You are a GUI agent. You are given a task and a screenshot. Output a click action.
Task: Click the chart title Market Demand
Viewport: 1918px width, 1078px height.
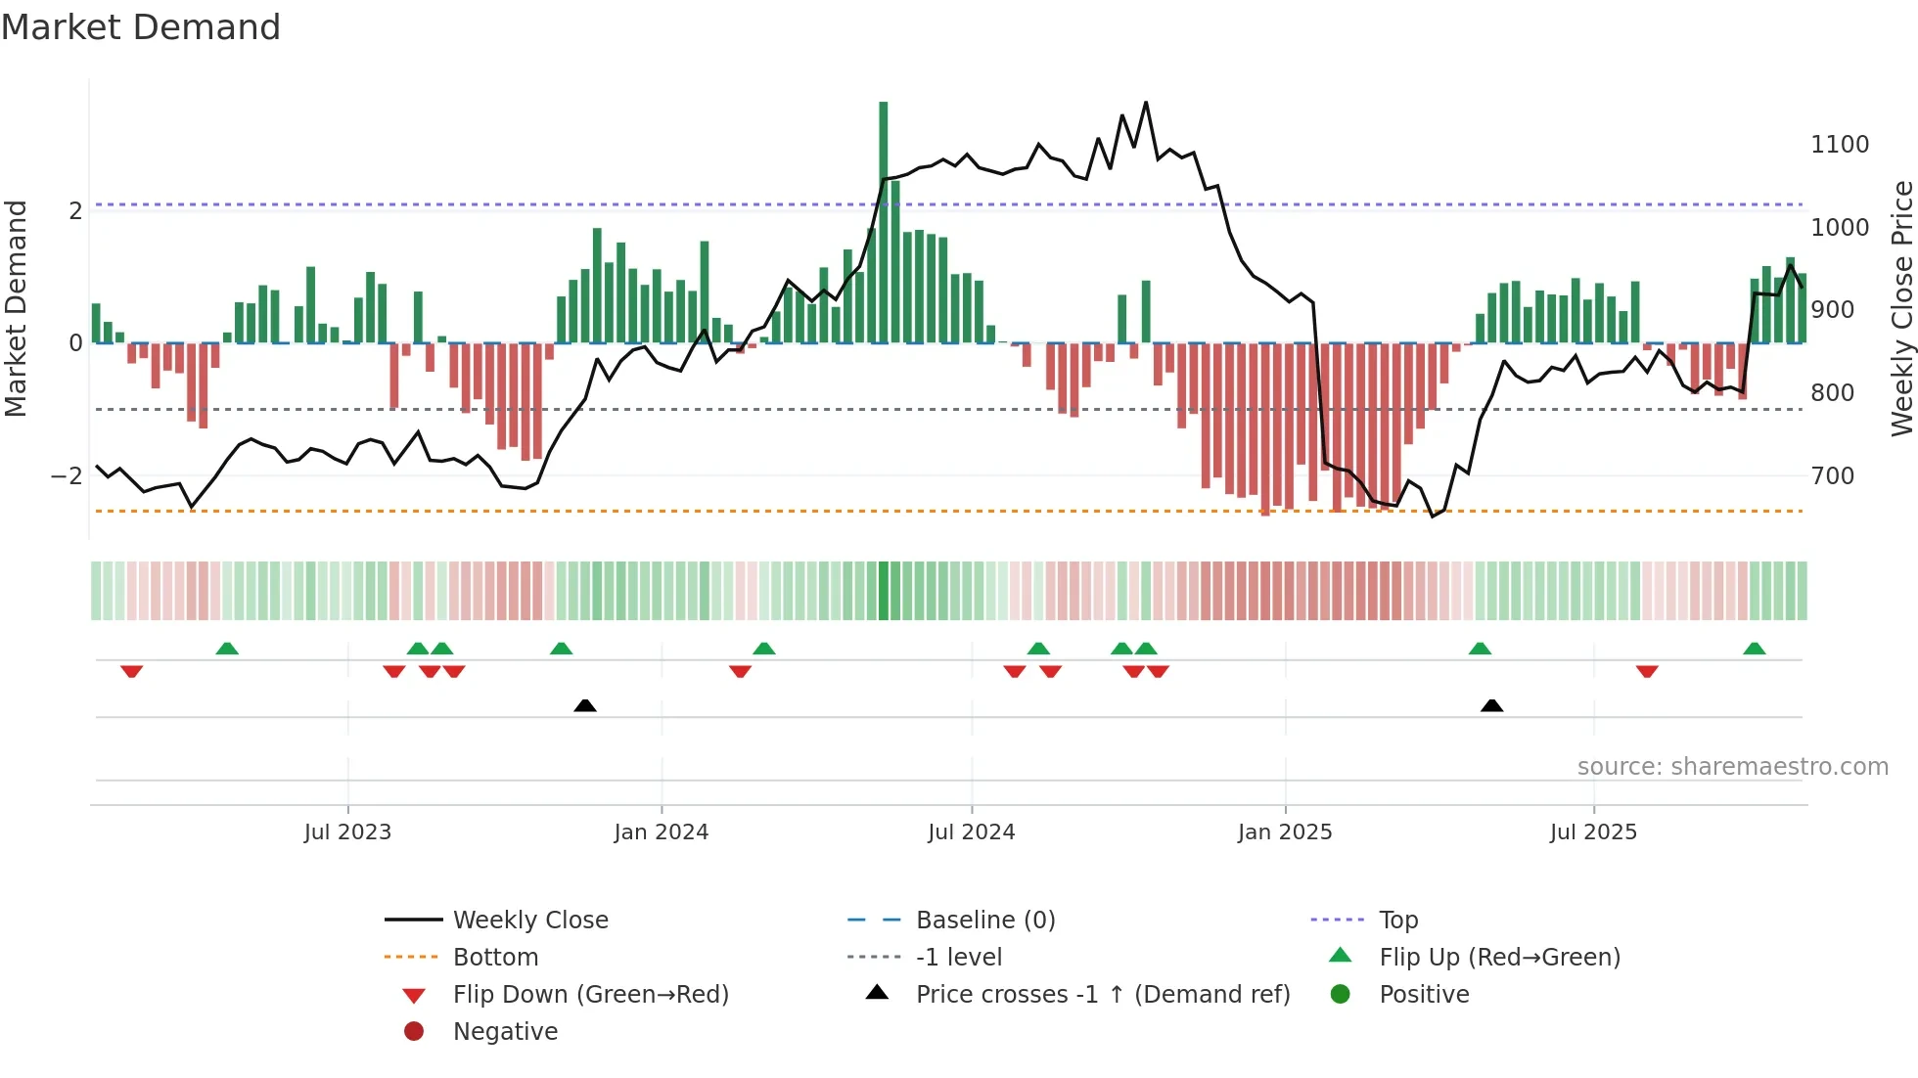coord(141,27)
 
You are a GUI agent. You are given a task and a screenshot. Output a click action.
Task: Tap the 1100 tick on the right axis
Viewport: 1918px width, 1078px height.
coord(1839,145)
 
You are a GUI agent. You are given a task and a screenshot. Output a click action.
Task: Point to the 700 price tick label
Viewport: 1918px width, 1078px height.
coord(1832,476)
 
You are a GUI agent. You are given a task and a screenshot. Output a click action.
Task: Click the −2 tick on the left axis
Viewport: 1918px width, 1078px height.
coord(67,476)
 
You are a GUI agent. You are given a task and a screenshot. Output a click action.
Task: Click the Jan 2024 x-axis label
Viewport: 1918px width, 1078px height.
coord(661,832)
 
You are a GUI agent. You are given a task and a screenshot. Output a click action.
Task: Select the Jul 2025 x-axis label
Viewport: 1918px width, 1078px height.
coord(1592,832)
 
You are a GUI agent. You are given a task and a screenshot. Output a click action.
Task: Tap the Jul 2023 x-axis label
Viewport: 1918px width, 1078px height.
coord(347,832)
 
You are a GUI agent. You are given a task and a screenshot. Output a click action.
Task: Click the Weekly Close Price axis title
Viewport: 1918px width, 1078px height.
coord(1901,308)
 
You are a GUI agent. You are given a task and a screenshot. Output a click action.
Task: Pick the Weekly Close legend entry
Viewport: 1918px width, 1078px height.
coord(529,921)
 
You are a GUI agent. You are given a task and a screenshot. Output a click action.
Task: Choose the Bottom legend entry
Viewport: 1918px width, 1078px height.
coord(495,958)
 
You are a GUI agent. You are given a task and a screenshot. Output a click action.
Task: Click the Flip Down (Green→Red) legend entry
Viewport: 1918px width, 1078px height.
coord(590,995)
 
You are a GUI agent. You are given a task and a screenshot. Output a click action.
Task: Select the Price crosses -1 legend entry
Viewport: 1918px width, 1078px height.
coord(1102,995)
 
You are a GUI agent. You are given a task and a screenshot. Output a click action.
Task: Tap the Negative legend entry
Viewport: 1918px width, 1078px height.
coord(505,1032)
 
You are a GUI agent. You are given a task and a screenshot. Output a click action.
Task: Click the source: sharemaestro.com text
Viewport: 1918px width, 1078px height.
coord(1732,767)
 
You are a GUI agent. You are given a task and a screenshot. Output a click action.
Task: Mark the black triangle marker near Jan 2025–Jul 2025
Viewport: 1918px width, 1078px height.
coord(1491,705)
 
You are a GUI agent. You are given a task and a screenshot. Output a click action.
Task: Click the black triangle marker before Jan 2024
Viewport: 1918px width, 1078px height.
coord(584,705)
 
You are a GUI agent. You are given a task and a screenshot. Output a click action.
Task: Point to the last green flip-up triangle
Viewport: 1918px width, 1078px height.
coord(1754,649)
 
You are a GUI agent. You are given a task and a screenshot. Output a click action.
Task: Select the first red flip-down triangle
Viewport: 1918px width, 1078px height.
coord(131,671)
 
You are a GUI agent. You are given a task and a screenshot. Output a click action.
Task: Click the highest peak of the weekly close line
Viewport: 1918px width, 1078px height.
coord(1146,102)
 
